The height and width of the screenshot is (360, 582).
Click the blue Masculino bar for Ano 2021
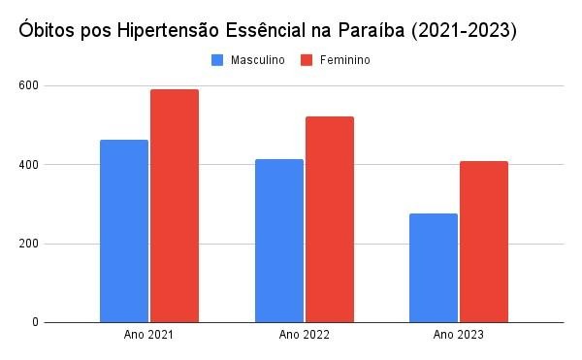tap(124, 231)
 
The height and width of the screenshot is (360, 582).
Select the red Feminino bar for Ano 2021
tap(175, 206)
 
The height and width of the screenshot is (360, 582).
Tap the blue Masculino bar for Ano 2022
tap(279, 241)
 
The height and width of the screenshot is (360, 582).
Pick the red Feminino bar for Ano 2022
tap(330, 219)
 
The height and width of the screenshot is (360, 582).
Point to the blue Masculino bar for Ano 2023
tap(434, 268)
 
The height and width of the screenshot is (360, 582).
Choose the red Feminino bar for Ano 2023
tap(484, 242)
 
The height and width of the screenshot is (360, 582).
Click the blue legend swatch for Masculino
tap(217, 60)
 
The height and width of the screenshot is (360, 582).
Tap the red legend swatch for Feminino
tap(307, 60)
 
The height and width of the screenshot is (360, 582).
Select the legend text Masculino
tap(258, 60)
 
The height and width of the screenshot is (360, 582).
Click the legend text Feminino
tap(345, 60)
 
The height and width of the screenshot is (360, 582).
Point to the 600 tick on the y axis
tap(28, 85)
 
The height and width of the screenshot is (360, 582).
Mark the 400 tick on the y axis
tap(28, 165)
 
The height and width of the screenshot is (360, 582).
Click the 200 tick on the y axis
tap(28, 244)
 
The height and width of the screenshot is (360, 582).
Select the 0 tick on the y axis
tap(35, 322)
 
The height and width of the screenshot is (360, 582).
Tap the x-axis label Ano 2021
tap(148, 335)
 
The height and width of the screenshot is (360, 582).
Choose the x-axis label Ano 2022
tap(304, 335)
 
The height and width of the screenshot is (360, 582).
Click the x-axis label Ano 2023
tap(459, 335)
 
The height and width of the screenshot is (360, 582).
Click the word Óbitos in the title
tap(47, 30)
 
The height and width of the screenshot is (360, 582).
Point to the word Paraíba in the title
tap(372, 30)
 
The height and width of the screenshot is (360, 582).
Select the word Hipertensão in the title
tap(169, 31)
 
